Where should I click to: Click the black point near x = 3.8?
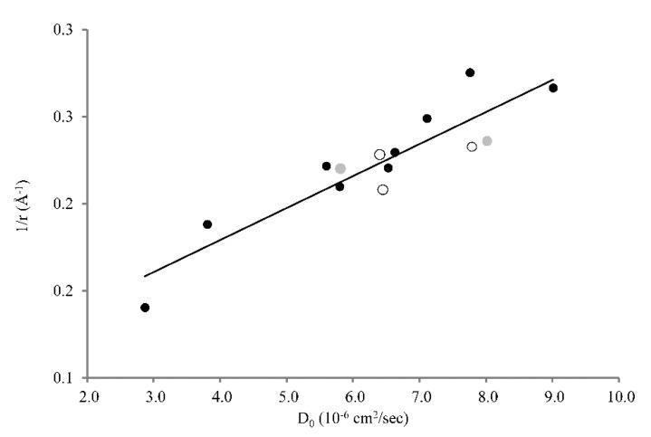[207, 224]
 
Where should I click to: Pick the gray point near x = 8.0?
[487, 141]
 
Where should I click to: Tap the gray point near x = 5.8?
[340, 168]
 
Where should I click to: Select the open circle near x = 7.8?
[472, 147]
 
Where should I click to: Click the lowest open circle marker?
[383, 190]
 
